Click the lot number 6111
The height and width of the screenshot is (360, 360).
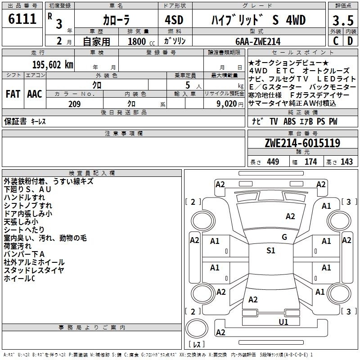pyautogui.click(x=22, y=19)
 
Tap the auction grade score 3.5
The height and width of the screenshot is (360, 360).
pyautogui.click(x=343, y=20)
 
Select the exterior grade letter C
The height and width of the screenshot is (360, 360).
pyautogui.click(x=336, y=41)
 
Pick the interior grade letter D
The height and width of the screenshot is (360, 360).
pyautogui.click(x=350, y=41)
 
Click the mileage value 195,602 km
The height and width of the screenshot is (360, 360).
pyautogui.click(x=53, y=65)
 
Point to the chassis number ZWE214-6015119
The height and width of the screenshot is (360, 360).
pyautogui.click(x=302, y=143)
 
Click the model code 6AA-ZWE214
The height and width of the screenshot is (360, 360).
pyautogui.click(x=258, y=41)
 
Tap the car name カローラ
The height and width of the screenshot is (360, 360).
pyautogui.click(x=116, y=20)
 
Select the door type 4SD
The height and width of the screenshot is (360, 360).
pyautogui.click(x=174, y=20)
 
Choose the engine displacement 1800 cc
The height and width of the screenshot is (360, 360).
pyautogui.click(x=141, y=41)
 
